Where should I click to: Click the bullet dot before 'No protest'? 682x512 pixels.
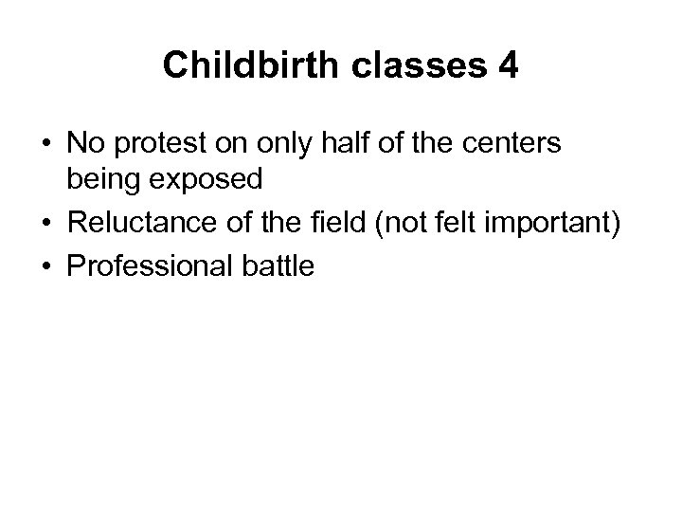45,145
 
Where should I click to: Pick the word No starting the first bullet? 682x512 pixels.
83,145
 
